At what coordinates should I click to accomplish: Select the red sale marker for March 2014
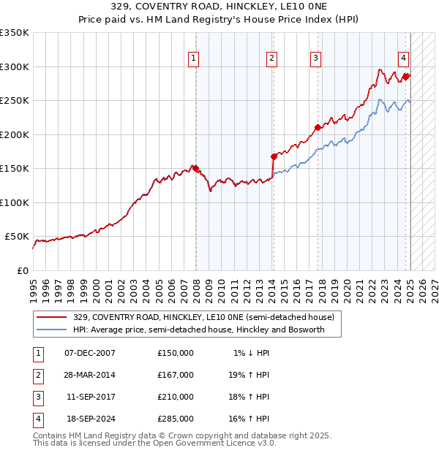pyautogui.click(x=274, y=156)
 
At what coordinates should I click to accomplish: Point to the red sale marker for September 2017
pyautogui.click(x=318, y=127)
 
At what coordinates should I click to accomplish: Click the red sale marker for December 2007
pyautogui.click(x=195, y=168)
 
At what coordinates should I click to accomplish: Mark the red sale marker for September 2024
pyautogui.click(x=406, y=76)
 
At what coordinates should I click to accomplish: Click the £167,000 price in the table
pyautogui.click(x=176, y=375)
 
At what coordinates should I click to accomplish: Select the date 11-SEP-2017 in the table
pyautogui.click(x=90, y=397)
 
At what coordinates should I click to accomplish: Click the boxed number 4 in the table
pyautogui.click(x=37, y=419)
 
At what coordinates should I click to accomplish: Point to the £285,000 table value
pyautogui.click(x=176, y=419)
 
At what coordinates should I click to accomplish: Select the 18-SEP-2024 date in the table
pyautogui.click(x=90, y=419)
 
